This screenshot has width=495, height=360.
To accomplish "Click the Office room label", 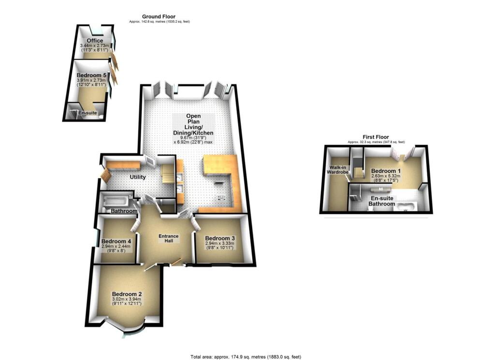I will [x=91, y=41].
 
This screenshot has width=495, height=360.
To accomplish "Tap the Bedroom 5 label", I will [x=91, y=75].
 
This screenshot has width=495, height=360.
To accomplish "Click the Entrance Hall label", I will [x=169, y=239].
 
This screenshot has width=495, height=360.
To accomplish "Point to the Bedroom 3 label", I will [x=220, y=238].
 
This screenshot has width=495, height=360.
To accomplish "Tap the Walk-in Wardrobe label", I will [x=333, y=171].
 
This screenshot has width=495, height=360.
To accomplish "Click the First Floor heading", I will [x=376, y=137].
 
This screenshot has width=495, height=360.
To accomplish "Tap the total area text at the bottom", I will [x=247, y=357].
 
